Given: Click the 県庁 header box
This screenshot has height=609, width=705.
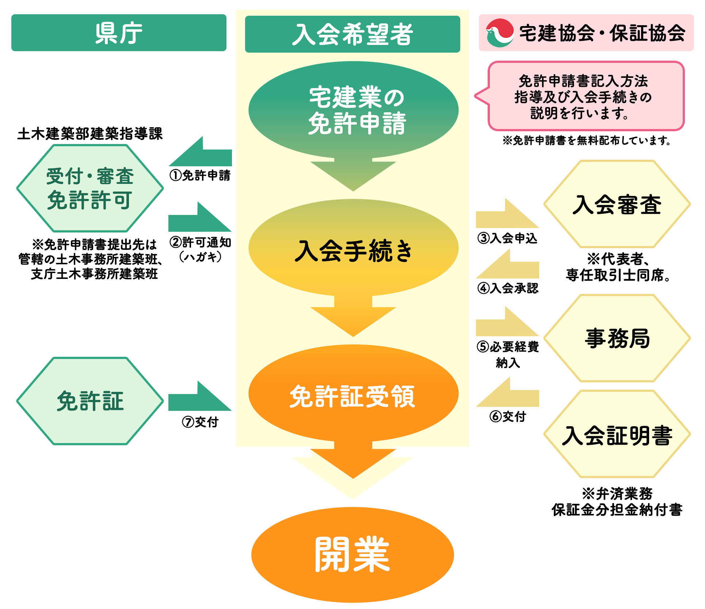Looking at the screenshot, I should (119, 33).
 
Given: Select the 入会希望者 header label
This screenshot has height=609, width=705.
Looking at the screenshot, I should (352, 34).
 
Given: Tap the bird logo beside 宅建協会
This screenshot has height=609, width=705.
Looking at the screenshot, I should (499, 33).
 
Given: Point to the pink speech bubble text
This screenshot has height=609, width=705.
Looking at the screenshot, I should (583, 97).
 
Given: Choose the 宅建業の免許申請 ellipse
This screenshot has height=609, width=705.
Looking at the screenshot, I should (353, 110).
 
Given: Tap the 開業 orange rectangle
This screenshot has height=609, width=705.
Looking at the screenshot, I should (352, 554).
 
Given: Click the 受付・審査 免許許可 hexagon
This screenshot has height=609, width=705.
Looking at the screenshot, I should (90, 188).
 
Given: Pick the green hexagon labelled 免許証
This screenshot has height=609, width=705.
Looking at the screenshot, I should (90, 401).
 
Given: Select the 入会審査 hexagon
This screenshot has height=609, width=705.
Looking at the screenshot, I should (617, 204).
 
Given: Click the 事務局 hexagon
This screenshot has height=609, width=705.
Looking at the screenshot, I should (617, 338).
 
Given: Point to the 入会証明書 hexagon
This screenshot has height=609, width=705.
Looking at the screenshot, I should (617, 435).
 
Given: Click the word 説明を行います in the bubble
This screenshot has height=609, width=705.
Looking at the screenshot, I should (579, 113).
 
